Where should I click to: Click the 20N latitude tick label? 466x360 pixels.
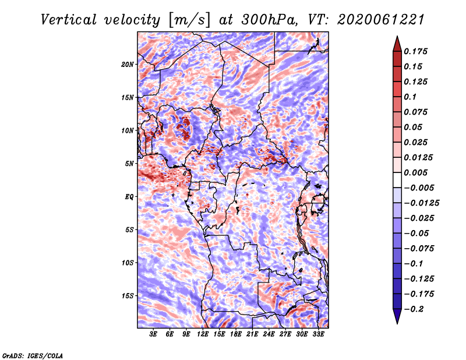point(128,65)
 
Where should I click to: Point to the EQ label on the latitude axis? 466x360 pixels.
point(129,197)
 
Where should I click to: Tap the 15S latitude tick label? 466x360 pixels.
point(128,296)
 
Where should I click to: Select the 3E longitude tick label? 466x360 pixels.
point(153,334)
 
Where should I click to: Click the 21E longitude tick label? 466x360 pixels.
point(252,334)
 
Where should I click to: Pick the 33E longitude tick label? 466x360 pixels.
point(318,334)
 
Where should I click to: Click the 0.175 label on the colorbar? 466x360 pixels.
point(415,51)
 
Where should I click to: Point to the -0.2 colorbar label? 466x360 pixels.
point(414,309)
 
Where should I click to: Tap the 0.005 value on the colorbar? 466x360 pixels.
point(415,172)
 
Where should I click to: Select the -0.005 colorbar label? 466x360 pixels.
point(419,188)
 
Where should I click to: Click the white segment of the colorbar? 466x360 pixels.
point(397,180)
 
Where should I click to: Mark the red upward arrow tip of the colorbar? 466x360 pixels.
point(397,37)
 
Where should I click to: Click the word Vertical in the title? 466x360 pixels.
point(69,20)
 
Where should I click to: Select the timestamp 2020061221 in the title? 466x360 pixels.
point(380,20)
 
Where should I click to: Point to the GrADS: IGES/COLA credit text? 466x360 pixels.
point(33,356)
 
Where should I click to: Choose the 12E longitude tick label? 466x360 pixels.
point(203,334)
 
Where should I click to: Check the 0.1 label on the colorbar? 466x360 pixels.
point(410,97)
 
